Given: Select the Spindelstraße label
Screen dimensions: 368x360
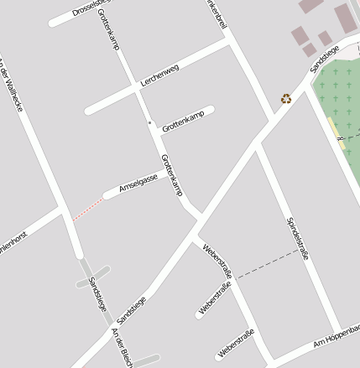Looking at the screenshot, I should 298,238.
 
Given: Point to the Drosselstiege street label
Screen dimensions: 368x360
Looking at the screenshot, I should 92,8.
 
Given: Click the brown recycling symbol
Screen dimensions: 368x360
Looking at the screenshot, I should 286,98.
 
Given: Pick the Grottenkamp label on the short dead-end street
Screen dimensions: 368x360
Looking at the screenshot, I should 183,122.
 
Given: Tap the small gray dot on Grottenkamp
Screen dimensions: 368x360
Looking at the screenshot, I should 150,123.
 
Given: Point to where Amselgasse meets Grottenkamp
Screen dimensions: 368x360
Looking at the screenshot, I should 166,171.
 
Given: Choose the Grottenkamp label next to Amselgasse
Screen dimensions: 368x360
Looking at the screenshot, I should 171,175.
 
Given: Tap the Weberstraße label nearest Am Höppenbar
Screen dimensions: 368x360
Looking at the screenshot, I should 236,345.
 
